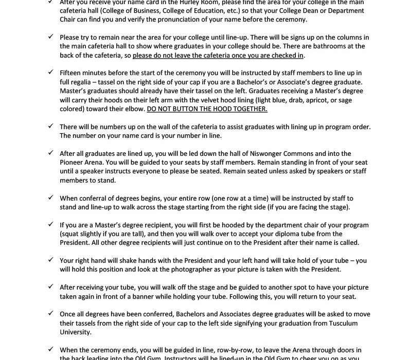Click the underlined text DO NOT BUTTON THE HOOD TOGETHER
[207, 109]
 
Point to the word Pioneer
[72, 163]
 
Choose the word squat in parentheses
[69, 233]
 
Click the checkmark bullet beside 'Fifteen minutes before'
[50, 73]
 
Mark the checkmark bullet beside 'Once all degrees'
[50, 314]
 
